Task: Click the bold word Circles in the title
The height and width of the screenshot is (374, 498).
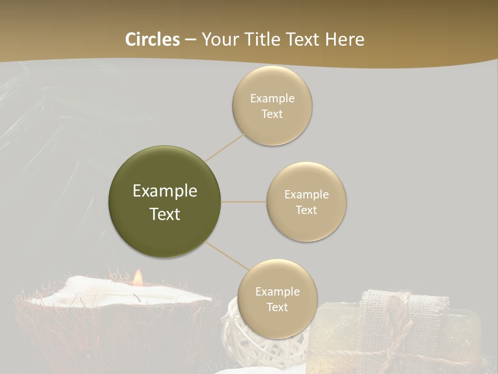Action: (x=153, y=39)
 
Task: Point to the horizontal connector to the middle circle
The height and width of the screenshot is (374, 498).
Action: (x=244, y=202)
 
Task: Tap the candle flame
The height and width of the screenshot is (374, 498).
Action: (x=137, y=278)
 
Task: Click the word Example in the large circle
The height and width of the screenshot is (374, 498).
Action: (x=165, y=191)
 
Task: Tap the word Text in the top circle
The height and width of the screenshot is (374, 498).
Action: (x=272, y=114)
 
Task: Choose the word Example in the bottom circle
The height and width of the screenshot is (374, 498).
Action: (x=277, y=291)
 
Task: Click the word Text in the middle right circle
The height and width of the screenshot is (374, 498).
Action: (x=306, y=210)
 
